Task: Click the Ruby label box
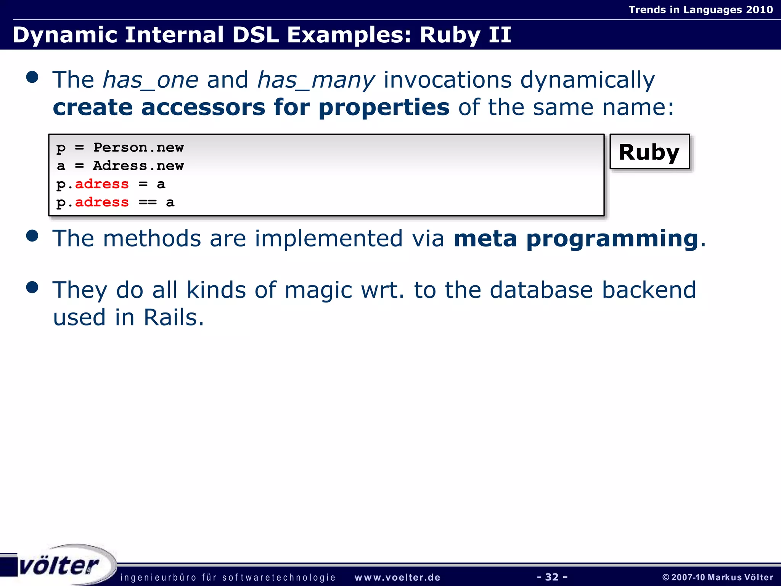point(649,152)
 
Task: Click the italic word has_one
point(151,80)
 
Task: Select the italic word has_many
point(316,80)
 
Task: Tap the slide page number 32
point(552,577)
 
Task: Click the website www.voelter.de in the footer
point(397,578)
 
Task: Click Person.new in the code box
point(138,148)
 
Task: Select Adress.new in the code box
point(138,166)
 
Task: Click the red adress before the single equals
point(102,184)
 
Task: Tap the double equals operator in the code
point(147,203)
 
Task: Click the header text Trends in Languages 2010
point(701,10)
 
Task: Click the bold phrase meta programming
point(576,238)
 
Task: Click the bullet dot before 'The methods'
point(32,236)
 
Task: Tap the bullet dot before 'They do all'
point(32,287)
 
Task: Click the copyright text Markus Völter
point(740,577)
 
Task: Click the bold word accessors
point(202,107)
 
